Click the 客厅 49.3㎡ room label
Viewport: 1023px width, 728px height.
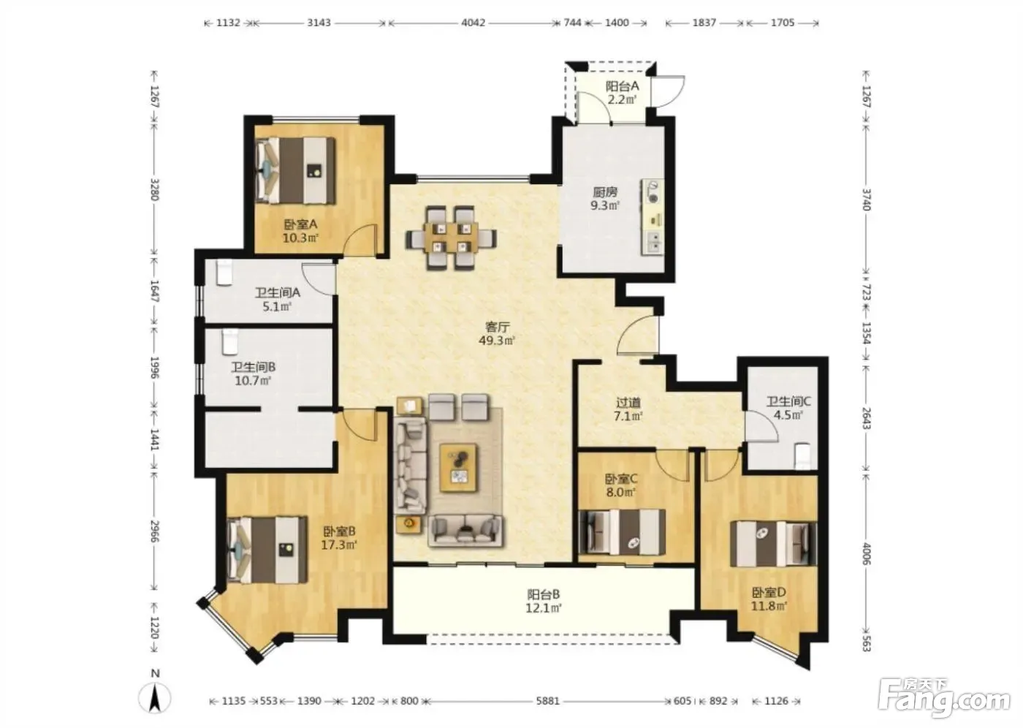[x=497, y=334]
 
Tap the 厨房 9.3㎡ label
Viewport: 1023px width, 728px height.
[x=605, y=199]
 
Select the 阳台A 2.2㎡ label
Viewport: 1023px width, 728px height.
[x=622, y=93]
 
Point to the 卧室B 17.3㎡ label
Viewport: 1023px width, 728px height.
[x=339, y=538]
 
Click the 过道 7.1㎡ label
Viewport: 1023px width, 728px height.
[x=628, y=409]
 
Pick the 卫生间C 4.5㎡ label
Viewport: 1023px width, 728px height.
[x=788, y=409]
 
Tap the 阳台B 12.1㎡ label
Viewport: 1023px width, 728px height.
[x=544, y=602]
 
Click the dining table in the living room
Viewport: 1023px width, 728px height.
[x=452, y=238]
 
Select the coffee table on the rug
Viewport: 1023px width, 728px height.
[x=459, y=468]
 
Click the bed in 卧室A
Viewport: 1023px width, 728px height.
[x=295, y=170]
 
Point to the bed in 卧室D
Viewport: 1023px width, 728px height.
[x=773, y=544]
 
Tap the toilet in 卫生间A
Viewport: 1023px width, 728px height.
[x=224, y=273]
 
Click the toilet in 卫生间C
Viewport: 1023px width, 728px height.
[x=802, y=456]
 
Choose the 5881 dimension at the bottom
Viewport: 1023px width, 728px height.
[x=547, y=701]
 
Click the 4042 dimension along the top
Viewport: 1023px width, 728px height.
[x=474, y=23]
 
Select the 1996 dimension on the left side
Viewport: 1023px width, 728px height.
[x=154, y=368]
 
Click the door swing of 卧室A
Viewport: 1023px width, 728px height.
[x=360, y=239]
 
